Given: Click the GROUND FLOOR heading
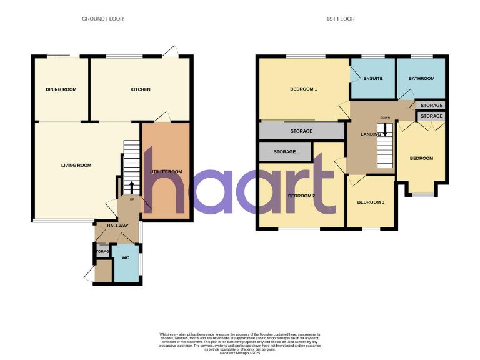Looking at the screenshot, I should click(x=103, y=19).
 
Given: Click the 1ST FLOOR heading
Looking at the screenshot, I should click(x=341, y=19).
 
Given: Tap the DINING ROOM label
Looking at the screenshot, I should click(x=61, y=89).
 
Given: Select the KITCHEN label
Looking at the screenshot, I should click(x=140, y=89).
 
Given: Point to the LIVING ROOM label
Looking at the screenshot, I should click(x=76, y=166).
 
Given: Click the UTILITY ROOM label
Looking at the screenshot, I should click(x=166, y=171).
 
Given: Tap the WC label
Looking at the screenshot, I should click(x=124, y=257).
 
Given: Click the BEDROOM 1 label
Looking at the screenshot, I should click(x=304, y=89).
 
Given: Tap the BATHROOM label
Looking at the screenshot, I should click(x=421, y=79).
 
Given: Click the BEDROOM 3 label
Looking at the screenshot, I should click(x=371, y=202).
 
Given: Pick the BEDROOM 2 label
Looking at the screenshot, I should click(x=301, y=196).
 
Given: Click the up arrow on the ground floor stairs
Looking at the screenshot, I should click(x=131, y=186).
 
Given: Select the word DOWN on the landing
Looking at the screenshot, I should click(x=385, y=117).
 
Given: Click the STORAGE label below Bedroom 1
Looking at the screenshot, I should click(x=301, y=131).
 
